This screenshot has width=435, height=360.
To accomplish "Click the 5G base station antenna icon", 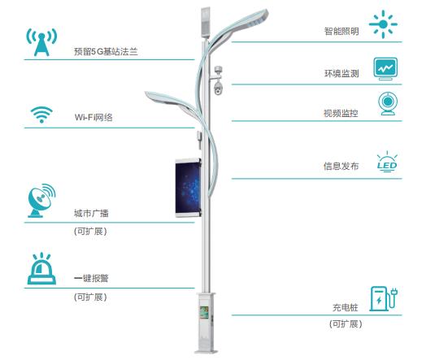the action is tap(41, 41).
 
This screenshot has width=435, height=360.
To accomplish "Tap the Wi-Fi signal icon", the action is tap(41, 115).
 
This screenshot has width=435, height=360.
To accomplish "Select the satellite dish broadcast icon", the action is tap(41, 200).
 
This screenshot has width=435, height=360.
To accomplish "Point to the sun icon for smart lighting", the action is tap(383, 24).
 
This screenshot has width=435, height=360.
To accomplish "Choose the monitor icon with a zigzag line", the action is tap(385, 69).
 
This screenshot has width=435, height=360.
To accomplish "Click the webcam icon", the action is tap(388, 104).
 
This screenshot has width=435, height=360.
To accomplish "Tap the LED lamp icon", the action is tap(387, 162).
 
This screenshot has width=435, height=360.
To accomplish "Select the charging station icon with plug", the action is tap(384, 299).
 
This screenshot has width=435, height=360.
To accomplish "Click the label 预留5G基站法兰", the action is tap(106, 51).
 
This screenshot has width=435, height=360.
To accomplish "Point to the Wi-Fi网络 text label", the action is tap(94, 117).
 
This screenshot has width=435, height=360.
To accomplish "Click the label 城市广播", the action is tap(91, 213).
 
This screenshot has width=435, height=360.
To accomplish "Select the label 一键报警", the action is tap(91, 278).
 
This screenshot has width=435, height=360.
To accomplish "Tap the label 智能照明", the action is tap(341, 31).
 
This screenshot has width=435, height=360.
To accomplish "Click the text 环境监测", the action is tap(341, 73).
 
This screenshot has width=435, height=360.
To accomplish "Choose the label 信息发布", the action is tap(341, 166).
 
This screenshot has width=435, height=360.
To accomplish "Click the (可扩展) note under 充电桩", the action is tap(346, 324).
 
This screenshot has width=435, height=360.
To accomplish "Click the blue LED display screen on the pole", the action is tap(188, 188).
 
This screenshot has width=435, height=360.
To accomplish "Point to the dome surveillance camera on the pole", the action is tap(219, 89).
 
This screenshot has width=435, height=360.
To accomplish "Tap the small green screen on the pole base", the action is tap(204, 312).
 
